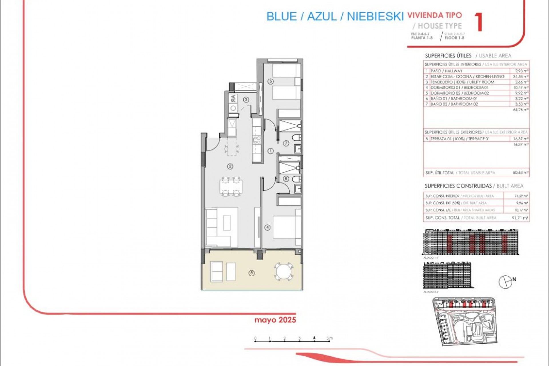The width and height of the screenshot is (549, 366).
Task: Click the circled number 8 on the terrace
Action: (252, 273)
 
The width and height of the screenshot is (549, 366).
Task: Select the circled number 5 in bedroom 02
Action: (270, 81)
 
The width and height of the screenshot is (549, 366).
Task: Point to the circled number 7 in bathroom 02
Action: (286, 143)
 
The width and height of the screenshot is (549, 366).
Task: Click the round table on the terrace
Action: (284, 271)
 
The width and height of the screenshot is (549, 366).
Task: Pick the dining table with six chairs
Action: (231, 187)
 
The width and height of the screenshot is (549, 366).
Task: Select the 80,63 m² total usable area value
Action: (520, 173)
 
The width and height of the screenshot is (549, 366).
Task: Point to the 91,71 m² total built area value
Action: (520, 218)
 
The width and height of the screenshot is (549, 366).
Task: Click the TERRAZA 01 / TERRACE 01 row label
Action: (460, 139)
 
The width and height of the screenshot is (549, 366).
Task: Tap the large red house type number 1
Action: (479, 23)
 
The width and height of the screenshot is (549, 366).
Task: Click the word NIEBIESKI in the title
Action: (375, 17)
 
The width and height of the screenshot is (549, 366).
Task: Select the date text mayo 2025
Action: (275, 320)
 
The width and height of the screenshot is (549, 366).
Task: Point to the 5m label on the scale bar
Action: (330, 338)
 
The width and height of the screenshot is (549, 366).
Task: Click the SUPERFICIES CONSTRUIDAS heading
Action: (458, 186)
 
